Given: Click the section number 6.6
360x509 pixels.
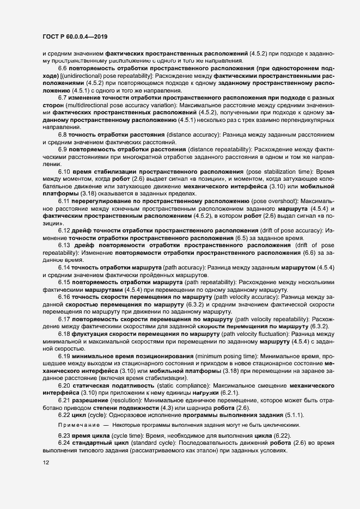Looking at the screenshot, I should (62, 68).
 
